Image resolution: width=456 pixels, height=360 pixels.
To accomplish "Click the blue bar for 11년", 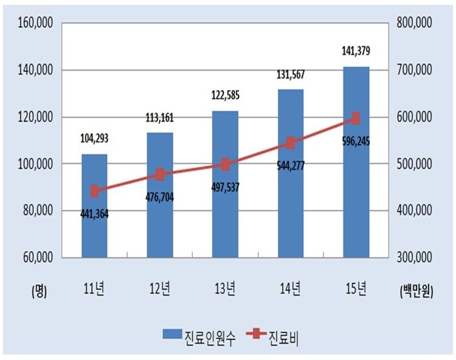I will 94,231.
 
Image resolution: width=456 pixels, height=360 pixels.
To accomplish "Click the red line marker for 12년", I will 160,175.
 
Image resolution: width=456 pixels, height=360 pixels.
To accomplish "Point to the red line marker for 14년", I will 291,143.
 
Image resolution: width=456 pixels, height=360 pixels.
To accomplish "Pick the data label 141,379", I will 356,52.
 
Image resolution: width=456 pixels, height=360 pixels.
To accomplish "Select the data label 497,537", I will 226,186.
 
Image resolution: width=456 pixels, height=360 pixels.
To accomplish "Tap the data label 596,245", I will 356,141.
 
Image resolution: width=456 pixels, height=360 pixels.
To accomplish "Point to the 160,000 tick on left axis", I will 36,23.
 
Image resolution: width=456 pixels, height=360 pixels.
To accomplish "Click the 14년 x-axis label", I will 291,289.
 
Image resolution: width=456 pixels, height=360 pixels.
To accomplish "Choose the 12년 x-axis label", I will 160,289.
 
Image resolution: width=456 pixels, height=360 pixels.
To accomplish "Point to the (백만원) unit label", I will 416,292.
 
